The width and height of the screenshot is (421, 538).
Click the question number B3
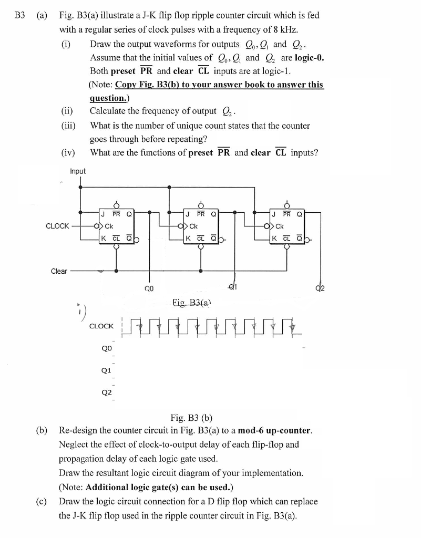point(19,15)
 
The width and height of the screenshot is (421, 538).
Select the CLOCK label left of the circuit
point(57,226)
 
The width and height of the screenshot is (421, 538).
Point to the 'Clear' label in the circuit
point(59,271)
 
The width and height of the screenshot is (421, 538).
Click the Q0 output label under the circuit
point(149,288)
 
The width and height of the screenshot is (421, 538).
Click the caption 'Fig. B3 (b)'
point(191,418)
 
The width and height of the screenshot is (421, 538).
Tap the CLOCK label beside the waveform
point(101,326)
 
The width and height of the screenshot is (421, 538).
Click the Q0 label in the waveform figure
point(106,347)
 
